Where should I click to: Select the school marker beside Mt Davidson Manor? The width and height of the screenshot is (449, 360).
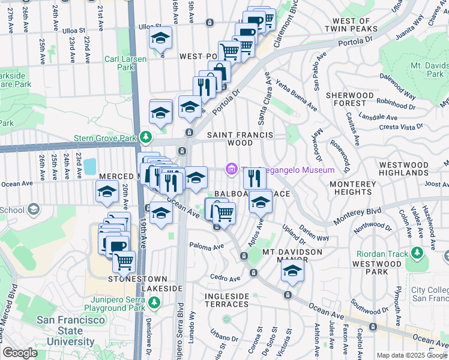coord(292,271)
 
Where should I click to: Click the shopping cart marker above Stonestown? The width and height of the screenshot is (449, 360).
coord(124,262)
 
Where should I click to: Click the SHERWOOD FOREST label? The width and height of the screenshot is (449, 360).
coord(349,100)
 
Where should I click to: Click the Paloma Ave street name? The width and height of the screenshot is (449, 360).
coord(206,246)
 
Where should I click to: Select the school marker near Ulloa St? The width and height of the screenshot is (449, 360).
coord(160,38)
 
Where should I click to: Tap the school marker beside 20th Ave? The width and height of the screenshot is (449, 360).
coord(107,192)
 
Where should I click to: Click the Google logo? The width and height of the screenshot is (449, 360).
coord(20,352)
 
